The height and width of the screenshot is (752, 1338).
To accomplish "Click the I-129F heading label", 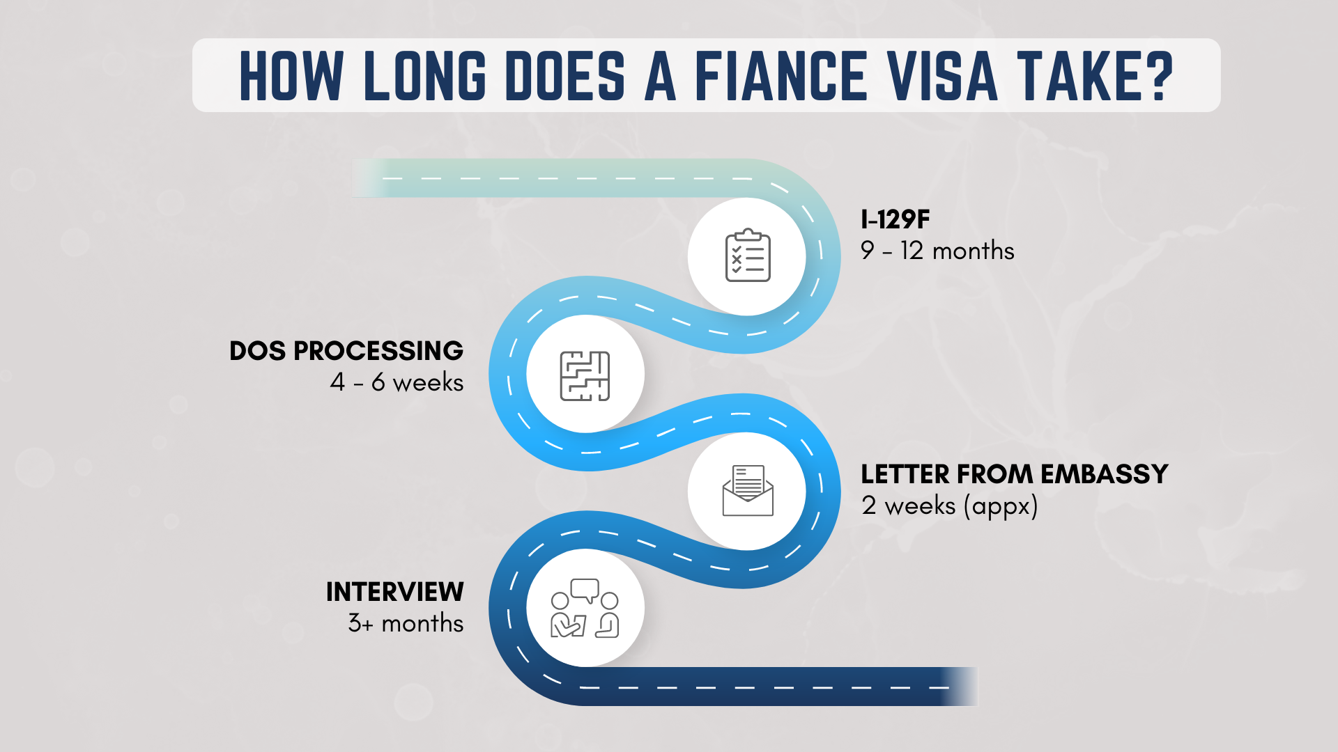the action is (895, 220).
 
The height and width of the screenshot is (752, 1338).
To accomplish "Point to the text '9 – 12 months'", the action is (937, 251).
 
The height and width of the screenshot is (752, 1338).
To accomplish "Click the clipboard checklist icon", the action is (747, 256).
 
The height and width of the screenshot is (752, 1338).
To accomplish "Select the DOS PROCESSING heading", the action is (346, 351).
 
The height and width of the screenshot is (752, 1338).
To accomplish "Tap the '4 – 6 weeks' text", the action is (397, 382).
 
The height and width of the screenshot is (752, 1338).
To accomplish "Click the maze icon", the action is (585, 376).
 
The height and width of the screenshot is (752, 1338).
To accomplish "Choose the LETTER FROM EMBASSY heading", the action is (1014, 474).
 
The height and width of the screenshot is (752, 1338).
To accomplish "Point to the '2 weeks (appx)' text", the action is (949, 506).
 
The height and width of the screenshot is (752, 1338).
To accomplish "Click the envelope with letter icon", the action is (747, 491).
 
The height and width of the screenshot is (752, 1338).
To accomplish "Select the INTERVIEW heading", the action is (394, 592).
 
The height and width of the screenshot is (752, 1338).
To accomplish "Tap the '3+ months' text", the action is (406, 623).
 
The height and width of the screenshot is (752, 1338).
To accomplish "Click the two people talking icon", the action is (585, 609).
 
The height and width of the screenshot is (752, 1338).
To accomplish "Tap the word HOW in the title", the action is (291, 76).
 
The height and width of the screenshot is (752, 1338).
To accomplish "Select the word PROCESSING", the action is (378, 351).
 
